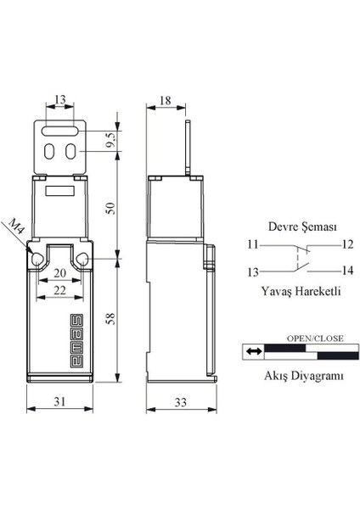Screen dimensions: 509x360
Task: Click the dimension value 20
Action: [x=59, y=274]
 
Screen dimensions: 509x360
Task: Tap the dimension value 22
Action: [x=59, y=291]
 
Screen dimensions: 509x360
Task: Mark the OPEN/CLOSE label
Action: [x=314, y=338]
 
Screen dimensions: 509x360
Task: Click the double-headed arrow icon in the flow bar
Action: [x=252, y=350]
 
